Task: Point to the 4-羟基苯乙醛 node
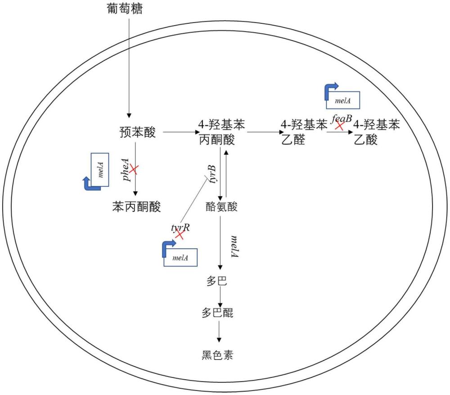tap(303, 132)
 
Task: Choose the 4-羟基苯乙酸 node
tap(376, 132)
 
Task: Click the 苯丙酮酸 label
tap(136, 206)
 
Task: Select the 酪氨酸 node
tap(221, 206)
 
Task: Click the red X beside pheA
tap(134, 169)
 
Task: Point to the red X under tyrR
tap(180, 234)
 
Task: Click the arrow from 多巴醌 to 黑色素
tap(219, 332)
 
